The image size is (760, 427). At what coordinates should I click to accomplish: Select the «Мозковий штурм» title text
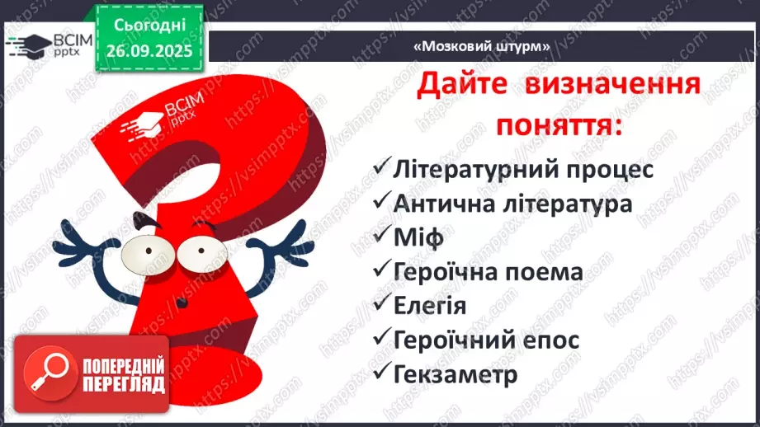(482, 46)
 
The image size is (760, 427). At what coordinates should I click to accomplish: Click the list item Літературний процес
(523, 170)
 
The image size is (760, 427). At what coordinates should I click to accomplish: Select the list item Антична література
(512, 204)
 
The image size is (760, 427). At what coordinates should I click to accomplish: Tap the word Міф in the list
(419, 237)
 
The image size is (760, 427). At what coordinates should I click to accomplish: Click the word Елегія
(430, 305)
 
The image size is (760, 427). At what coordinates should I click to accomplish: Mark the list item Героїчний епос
(486, 339)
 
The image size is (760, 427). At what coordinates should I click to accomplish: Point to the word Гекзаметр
(455, 373)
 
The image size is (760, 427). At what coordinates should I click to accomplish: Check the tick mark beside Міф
(381, 236)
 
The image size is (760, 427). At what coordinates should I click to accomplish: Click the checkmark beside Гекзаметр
(381, 373)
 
